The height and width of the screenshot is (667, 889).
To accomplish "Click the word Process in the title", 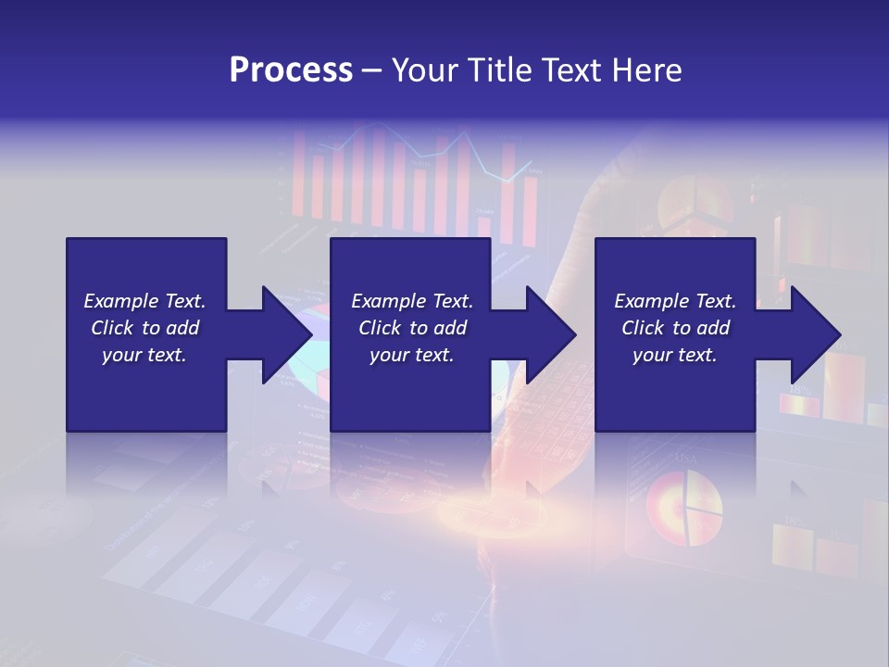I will click(x=291, y=70).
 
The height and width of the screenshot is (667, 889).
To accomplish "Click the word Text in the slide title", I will click(x=574, y=70).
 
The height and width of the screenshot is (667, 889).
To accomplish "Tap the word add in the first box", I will click(x=182, y=328).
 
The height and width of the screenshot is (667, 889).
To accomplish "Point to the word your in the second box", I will click(x=389, y=355).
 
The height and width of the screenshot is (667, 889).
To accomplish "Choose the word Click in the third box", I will click(x=644, y=328).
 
